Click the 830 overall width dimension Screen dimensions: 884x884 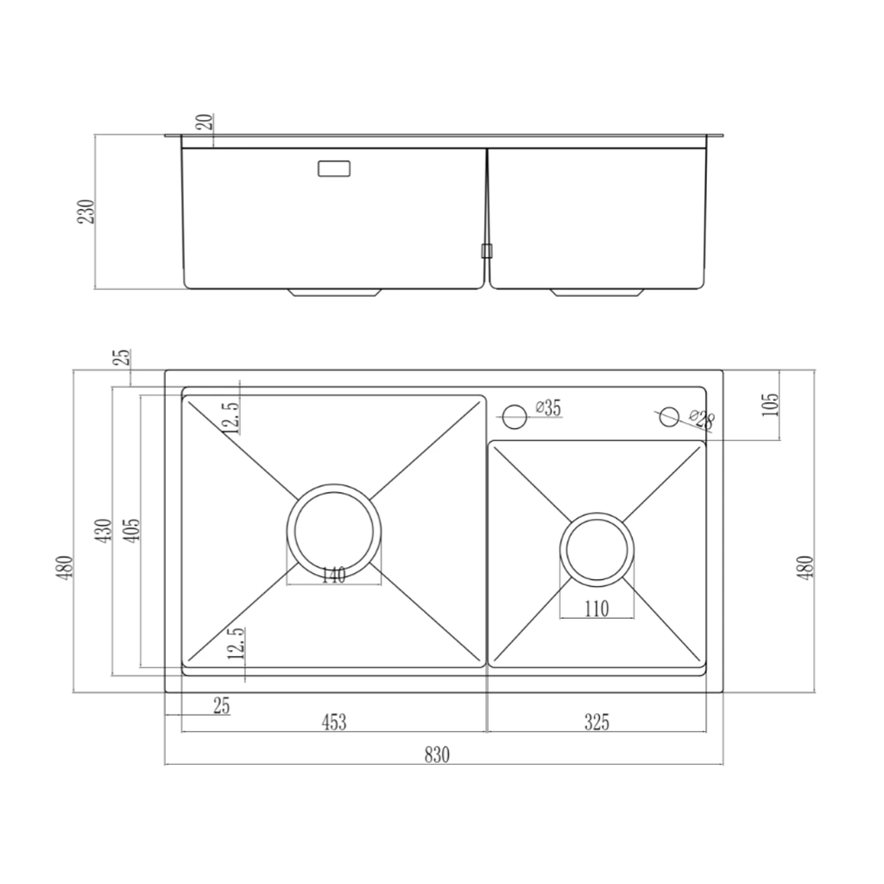pyautogui.click(x=437, y=755)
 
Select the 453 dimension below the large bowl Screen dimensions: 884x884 pyautogui.click(x=334, y=722)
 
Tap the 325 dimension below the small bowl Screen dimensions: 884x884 pyautogui.click(x=597, y=722)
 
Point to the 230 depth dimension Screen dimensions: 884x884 pyautogui.click(x=86, y=212)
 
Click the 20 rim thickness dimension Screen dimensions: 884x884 pyautogui.click(x=206, y=122)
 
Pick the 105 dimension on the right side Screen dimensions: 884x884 pyautogui.click(x=769, y=405)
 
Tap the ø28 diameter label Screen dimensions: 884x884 pyautogui.click(x=702, y=419)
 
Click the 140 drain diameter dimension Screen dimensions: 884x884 pyautogui.click(x=334, y=576)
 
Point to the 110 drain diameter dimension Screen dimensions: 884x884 pyautogui.click(x=597, y=609)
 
